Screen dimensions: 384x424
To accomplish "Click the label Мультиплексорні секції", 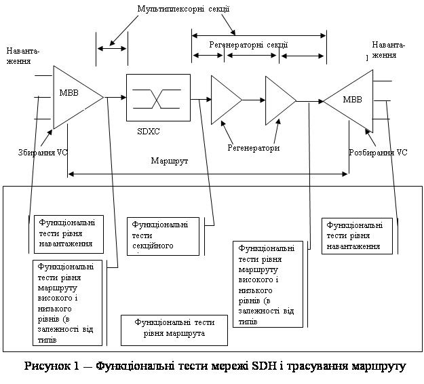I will (192, 9).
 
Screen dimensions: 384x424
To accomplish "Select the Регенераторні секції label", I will (248, 45).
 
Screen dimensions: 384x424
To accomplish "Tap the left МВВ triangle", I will (75, 97).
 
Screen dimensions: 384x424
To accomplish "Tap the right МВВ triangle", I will (351, 100).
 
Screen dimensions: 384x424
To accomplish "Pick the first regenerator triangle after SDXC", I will (225, 100).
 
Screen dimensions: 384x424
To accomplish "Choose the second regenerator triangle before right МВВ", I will (279, 100).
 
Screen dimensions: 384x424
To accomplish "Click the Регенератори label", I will (254, 147).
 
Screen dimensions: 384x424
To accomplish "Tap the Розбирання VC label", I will (378, 153).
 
